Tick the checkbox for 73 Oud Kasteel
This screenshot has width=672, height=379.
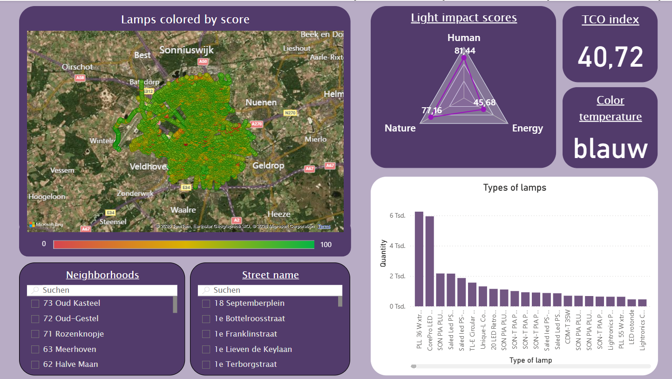(x=35, y=304)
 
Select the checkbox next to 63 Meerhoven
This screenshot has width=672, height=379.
(x=35, y=350)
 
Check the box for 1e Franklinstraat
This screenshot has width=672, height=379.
(x=206, y=334)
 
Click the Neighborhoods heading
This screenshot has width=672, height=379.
(x=102, y=275)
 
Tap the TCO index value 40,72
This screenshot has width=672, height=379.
(x=610, y=57)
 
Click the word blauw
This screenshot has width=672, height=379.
(x=610, y=148)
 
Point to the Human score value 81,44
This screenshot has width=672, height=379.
(x=465, y=51)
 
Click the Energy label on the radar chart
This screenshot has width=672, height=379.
(x=527, y=128)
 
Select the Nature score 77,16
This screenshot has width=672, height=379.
(x=432, y=110)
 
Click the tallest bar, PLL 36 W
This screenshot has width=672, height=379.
(x=419, y=259)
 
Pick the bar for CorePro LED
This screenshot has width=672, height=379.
(x=429, y=261)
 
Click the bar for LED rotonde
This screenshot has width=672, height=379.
(x=631, y=303)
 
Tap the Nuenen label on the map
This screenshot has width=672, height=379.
(x=261, y=102)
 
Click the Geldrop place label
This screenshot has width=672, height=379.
(x=268, y=165)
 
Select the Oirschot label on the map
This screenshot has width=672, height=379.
(x=77, y=67)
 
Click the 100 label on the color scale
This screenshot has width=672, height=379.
(x=326, y=244)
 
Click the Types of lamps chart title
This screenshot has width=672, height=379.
(x=515, y=188)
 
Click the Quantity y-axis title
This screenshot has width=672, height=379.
(x=383, y=253)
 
